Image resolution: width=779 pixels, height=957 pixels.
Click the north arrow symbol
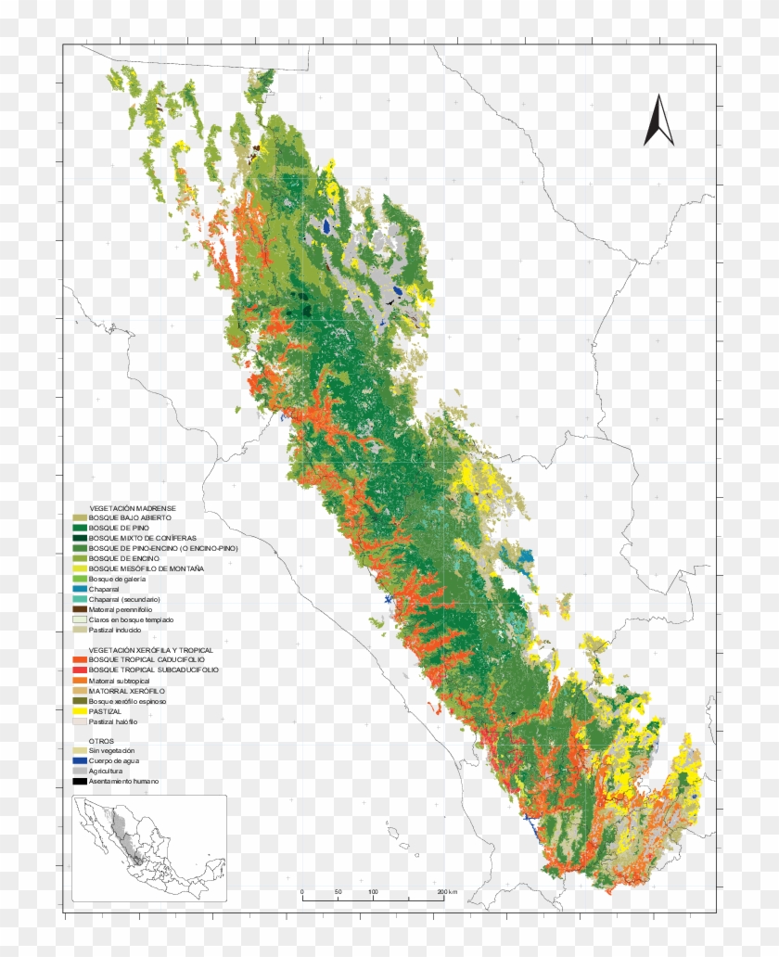[658, 121]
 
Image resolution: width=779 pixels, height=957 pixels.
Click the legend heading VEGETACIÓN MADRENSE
[132, 508]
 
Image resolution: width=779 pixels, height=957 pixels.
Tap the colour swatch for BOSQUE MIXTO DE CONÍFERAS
[81, 539]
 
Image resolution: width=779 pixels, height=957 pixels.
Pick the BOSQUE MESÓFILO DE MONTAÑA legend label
[147, 568]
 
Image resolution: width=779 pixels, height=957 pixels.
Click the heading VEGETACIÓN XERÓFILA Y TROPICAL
[150, 650]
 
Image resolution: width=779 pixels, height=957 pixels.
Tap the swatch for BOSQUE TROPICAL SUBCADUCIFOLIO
[81, 670]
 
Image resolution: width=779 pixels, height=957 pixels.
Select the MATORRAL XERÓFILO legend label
[127, 691]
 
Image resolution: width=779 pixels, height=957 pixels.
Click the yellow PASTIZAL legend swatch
[81, 710]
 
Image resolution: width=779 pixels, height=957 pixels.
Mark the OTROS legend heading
[102, 741]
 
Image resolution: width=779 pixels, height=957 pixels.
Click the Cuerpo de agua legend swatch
[81, 760]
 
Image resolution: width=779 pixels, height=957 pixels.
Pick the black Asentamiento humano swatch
[81, 781]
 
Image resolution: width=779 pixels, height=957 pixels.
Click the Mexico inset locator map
[149, 848]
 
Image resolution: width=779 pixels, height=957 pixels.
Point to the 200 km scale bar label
[446, 892]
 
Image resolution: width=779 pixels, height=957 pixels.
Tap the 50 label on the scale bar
[338, 892]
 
